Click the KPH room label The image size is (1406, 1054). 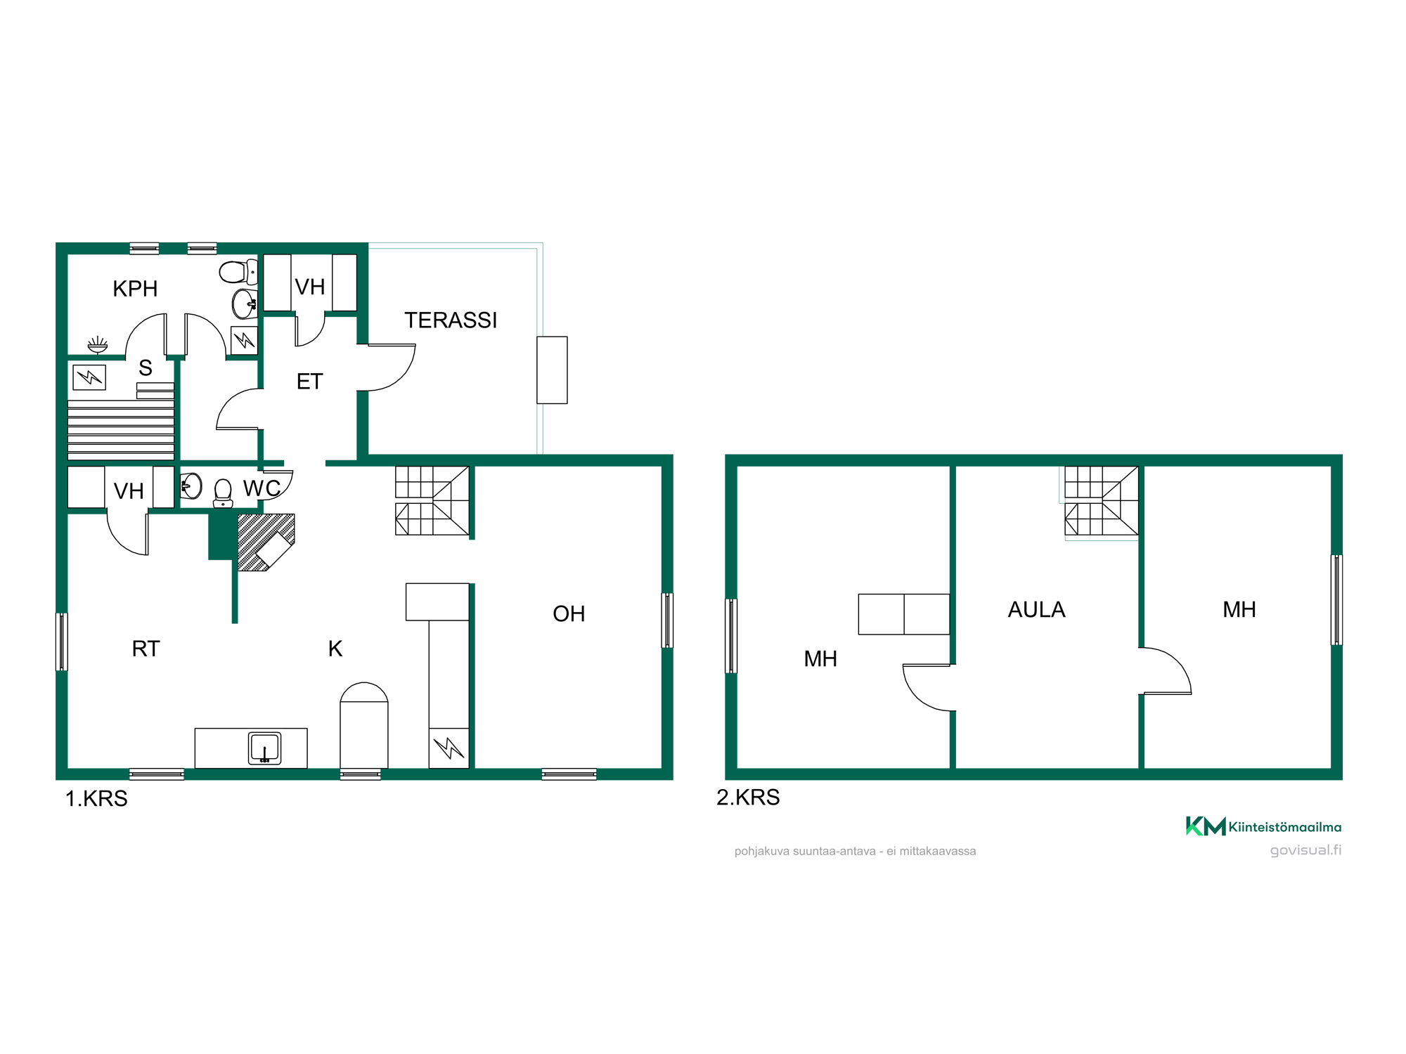click(135, 289)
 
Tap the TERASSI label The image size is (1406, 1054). click(451, 320)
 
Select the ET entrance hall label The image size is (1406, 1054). click(309, 382)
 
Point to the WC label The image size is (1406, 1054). click(262, 488)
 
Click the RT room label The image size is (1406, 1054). click(146, 649)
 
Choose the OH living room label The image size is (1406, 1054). click(569, 614)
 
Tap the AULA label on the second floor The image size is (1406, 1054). click(1036, 610)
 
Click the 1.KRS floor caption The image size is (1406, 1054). click(96, 799)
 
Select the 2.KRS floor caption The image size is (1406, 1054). click(748, 798)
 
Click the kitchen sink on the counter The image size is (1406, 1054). click(265, 748)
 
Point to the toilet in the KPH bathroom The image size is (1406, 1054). click(238, 272)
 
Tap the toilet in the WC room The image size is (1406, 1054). click(223, 493)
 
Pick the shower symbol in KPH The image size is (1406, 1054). click(98, 344)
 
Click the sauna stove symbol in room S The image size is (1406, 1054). click(89, 377)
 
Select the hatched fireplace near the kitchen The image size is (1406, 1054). click(266, 542)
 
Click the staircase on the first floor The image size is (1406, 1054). click(432, 500)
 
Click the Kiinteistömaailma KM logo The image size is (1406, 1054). click(1263, 826)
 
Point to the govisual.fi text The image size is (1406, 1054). click(1305, 850)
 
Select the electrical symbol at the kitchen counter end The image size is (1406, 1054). click(449, 748)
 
